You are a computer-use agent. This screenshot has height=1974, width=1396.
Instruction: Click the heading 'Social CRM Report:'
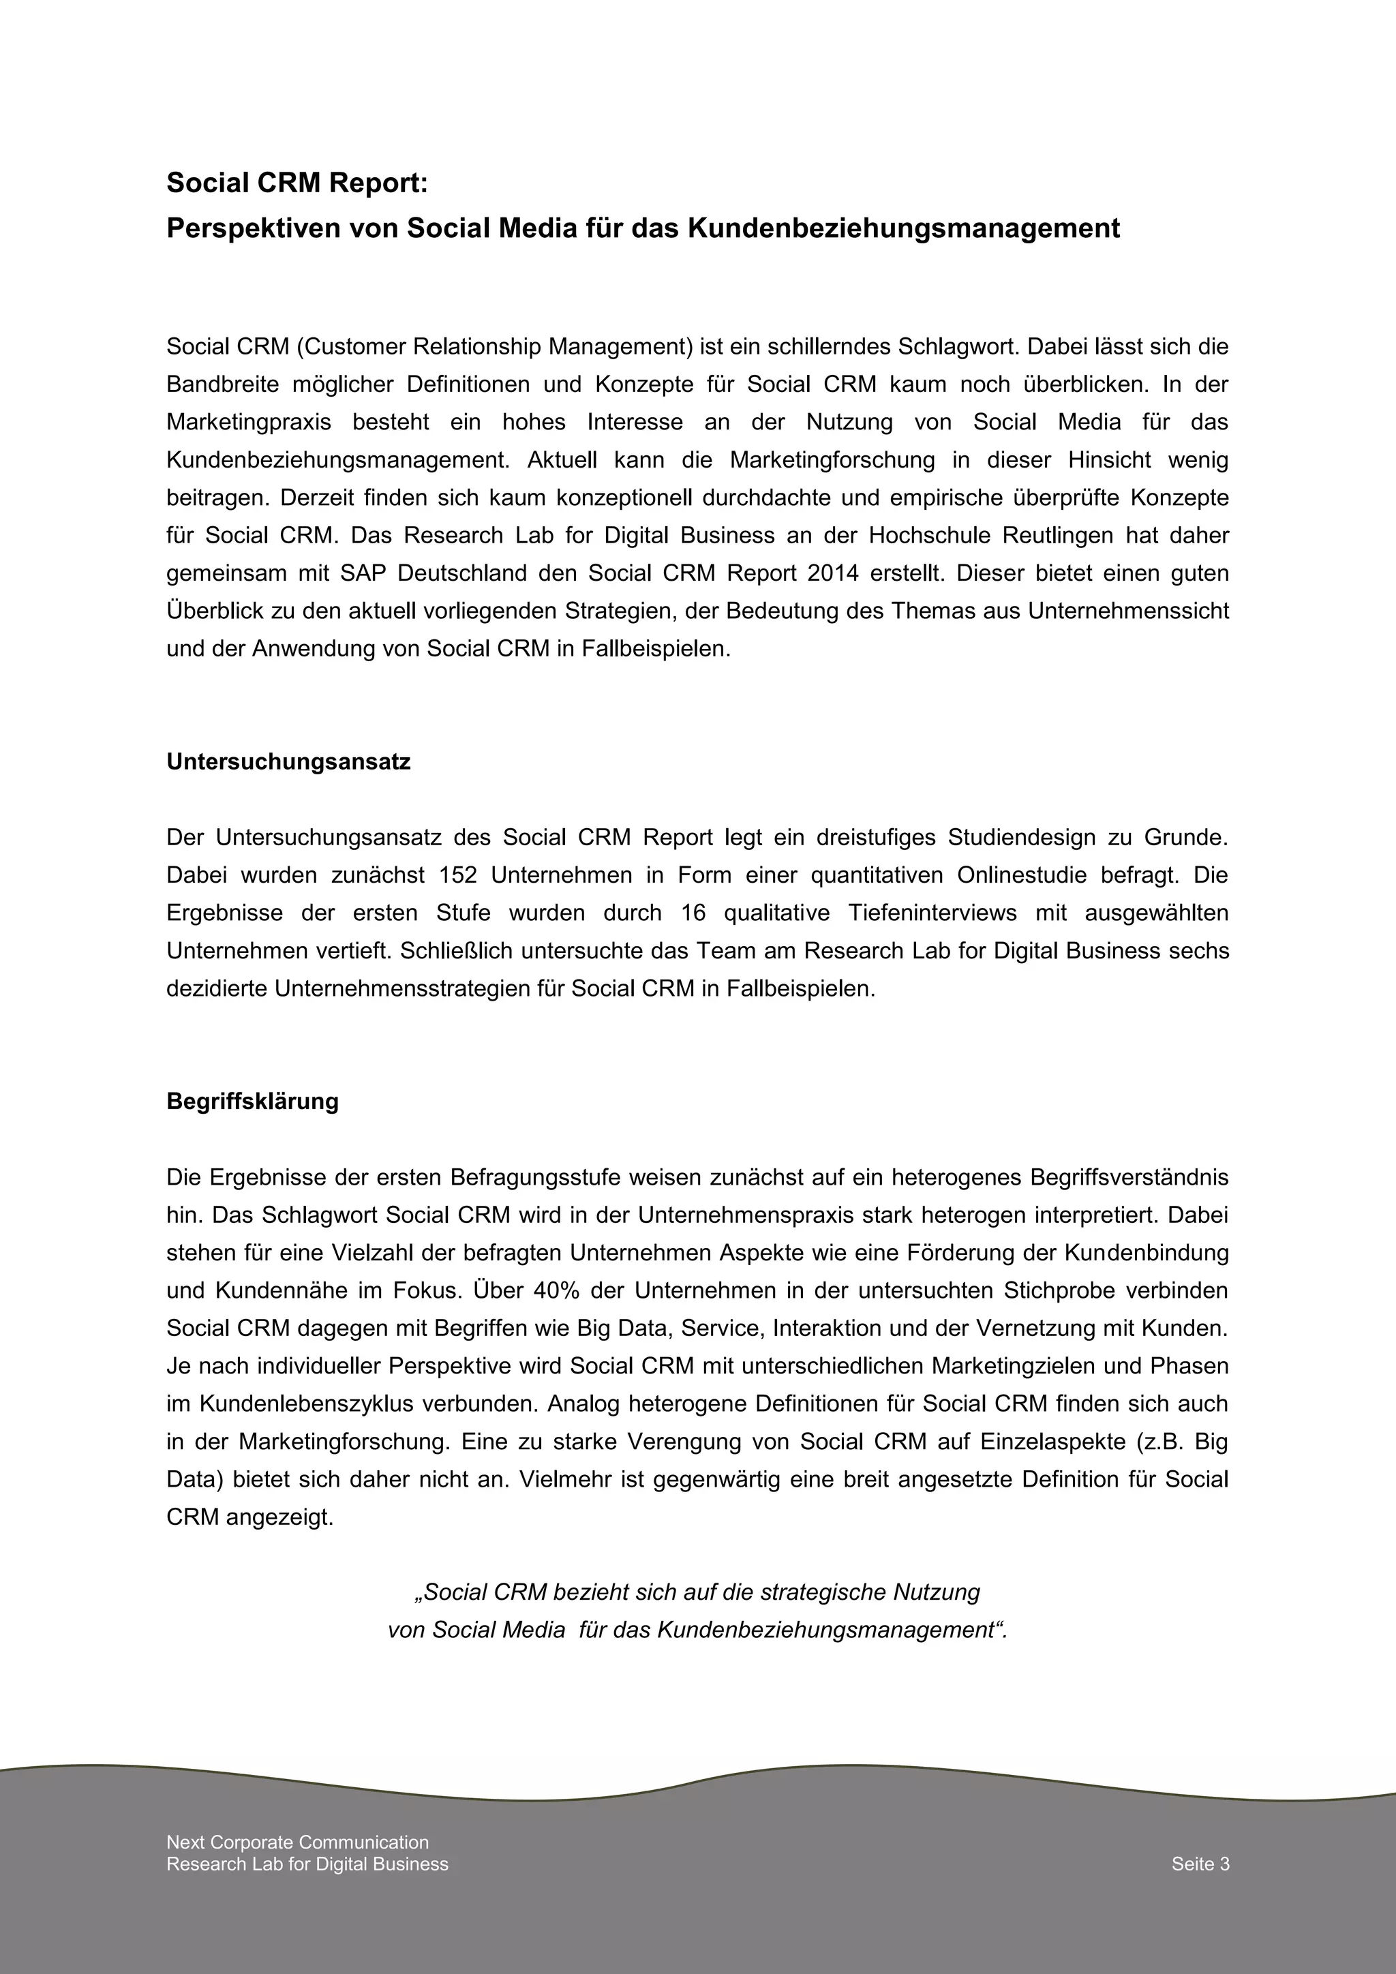click(296, 183)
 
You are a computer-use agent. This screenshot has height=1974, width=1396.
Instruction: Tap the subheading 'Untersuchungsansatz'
click(288, 762)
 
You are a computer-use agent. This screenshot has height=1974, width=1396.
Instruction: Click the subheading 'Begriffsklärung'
click(253, 1102)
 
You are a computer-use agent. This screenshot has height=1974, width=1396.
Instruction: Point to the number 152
click(458, 875)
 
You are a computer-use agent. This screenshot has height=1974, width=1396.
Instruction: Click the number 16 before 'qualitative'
click(693, 913)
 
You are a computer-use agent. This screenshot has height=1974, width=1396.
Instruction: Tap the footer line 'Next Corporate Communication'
click(297, 1842)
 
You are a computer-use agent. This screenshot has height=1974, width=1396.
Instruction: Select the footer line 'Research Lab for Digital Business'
click(307, 1864)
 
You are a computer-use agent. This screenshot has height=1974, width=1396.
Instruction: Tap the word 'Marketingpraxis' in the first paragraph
click(249, 422)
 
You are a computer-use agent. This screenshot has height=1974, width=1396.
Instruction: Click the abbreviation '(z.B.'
click(1158, 1442)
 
